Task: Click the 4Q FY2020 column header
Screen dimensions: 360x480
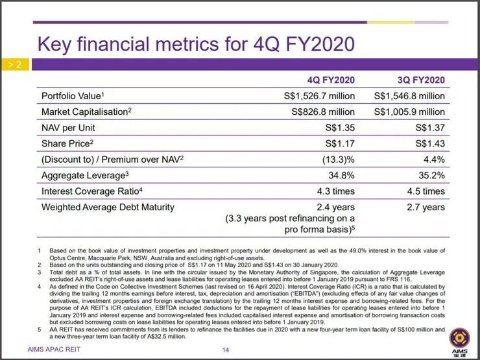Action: tap(331, 80)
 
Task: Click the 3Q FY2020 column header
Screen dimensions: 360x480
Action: tap(421, 80)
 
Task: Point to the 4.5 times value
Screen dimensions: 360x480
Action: tap(425, 191)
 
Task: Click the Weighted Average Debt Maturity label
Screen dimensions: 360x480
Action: tap(108, 208)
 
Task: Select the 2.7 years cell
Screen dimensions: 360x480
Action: tap(426, 208)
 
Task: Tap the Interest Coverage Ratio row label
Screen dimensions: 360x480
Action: tap(91, 191)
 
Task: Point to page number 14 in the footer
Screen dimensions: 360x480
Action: tap(225, 351)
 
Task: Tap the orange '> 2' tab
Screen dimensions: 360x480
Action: tap(15, 65)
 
